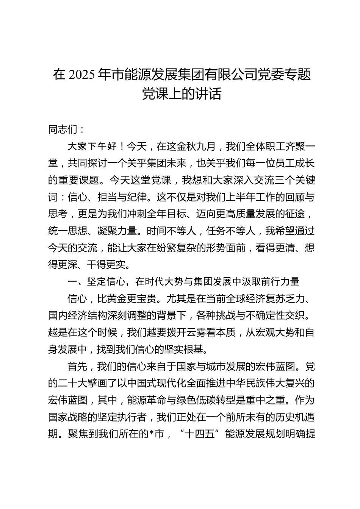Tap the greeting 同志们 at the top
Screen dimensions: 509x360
tap(63, 130)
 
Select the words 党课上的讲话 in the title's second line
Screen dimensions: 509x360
tap(182, 94)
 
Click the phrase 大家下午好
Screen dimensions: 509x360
tap(92, 147)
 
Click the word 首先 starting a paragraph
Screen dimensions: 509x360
tap(77, 366)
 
